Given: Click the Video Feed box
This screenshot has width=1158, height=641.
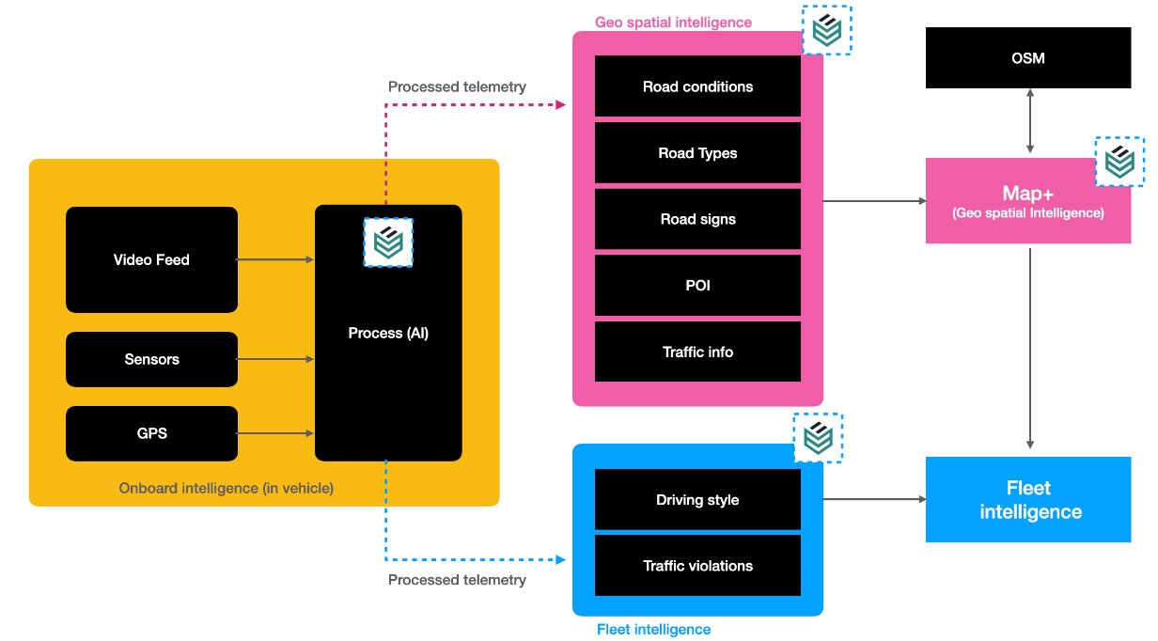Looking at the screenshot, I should [151, 259].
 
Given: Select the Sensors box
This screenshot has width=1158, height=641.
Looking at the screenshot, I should [151, 359].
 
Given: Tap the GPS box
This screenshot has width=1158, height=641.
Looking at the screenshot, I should [151, 433].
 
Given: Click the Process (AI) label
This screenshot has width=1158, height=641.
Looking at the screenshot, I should [388, 333].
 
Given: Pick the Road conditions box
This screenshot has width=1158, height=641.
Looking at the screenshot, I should [697, 86].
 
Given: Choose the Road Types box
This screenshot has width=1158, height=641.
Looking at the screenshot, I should [697, 153].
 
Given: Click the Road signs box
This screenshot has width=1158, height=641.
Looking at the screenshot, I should [697, 219].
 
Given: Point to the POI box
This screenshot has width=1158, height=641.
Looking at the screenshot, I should [697, 285].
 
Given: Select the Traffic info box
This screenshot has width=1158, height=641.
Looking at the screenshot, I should [697, 352].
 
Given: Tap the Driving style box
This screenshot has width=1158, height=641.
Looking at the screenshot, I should [697, 500].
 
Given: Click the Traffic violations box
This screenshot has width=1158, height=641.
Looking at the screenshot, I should [697, 566].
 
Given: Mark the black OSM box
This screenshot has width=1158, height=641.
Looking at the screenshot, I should [1027, 58].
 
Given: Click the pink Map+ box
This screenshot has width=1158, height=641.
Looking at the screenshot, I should [1027, 201].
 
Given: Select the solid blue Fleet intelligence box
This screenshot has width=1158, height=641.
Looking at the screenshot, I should [1027, 500].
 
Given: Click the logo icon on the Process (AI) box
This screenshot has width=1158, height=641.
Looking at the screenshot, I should [388, 242].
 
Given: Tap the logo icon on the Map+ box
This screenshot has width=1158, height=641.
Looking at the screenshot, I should [1119, 162].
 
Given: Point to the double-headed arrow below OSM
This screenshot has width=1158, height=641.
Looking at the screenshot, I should [1031, 122].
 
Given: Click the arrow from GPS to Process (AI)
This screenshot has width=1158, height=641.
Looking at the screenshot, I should [274, 433].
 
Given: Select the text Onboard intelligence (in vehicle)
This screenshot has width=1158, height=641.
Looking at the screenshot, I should [226, 489].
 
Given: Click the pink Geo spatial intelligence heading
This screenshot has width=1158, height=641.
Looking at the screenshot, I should [673, 22].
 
